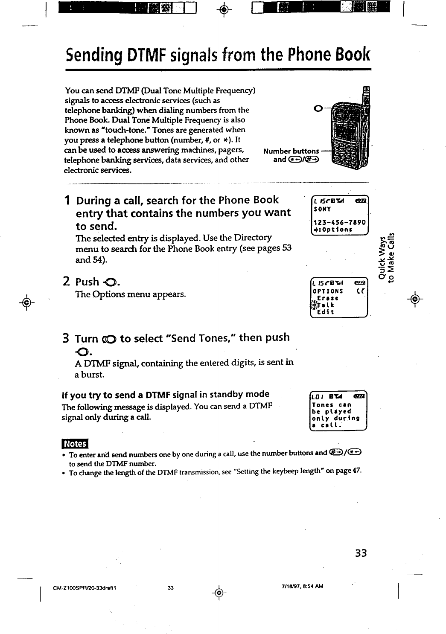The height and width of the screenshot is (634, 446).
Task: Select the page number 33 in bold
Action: pos(361,553)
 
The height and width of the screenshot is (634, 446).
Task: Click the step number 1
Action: pos(67,200)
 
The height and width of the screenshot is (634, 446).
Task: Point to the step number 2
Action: pos(67,281)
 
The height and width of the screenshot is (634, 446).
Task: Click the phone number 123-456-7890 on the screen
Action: pos(339,222)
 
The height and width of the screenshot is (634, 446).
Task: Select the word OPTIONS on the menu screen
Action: pos(328,291)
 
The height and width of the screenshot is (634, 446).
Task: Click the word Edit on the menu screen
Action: pos(326,312)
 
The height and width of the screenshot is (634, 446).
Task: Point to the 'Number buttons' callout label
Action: pos(291,151)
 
